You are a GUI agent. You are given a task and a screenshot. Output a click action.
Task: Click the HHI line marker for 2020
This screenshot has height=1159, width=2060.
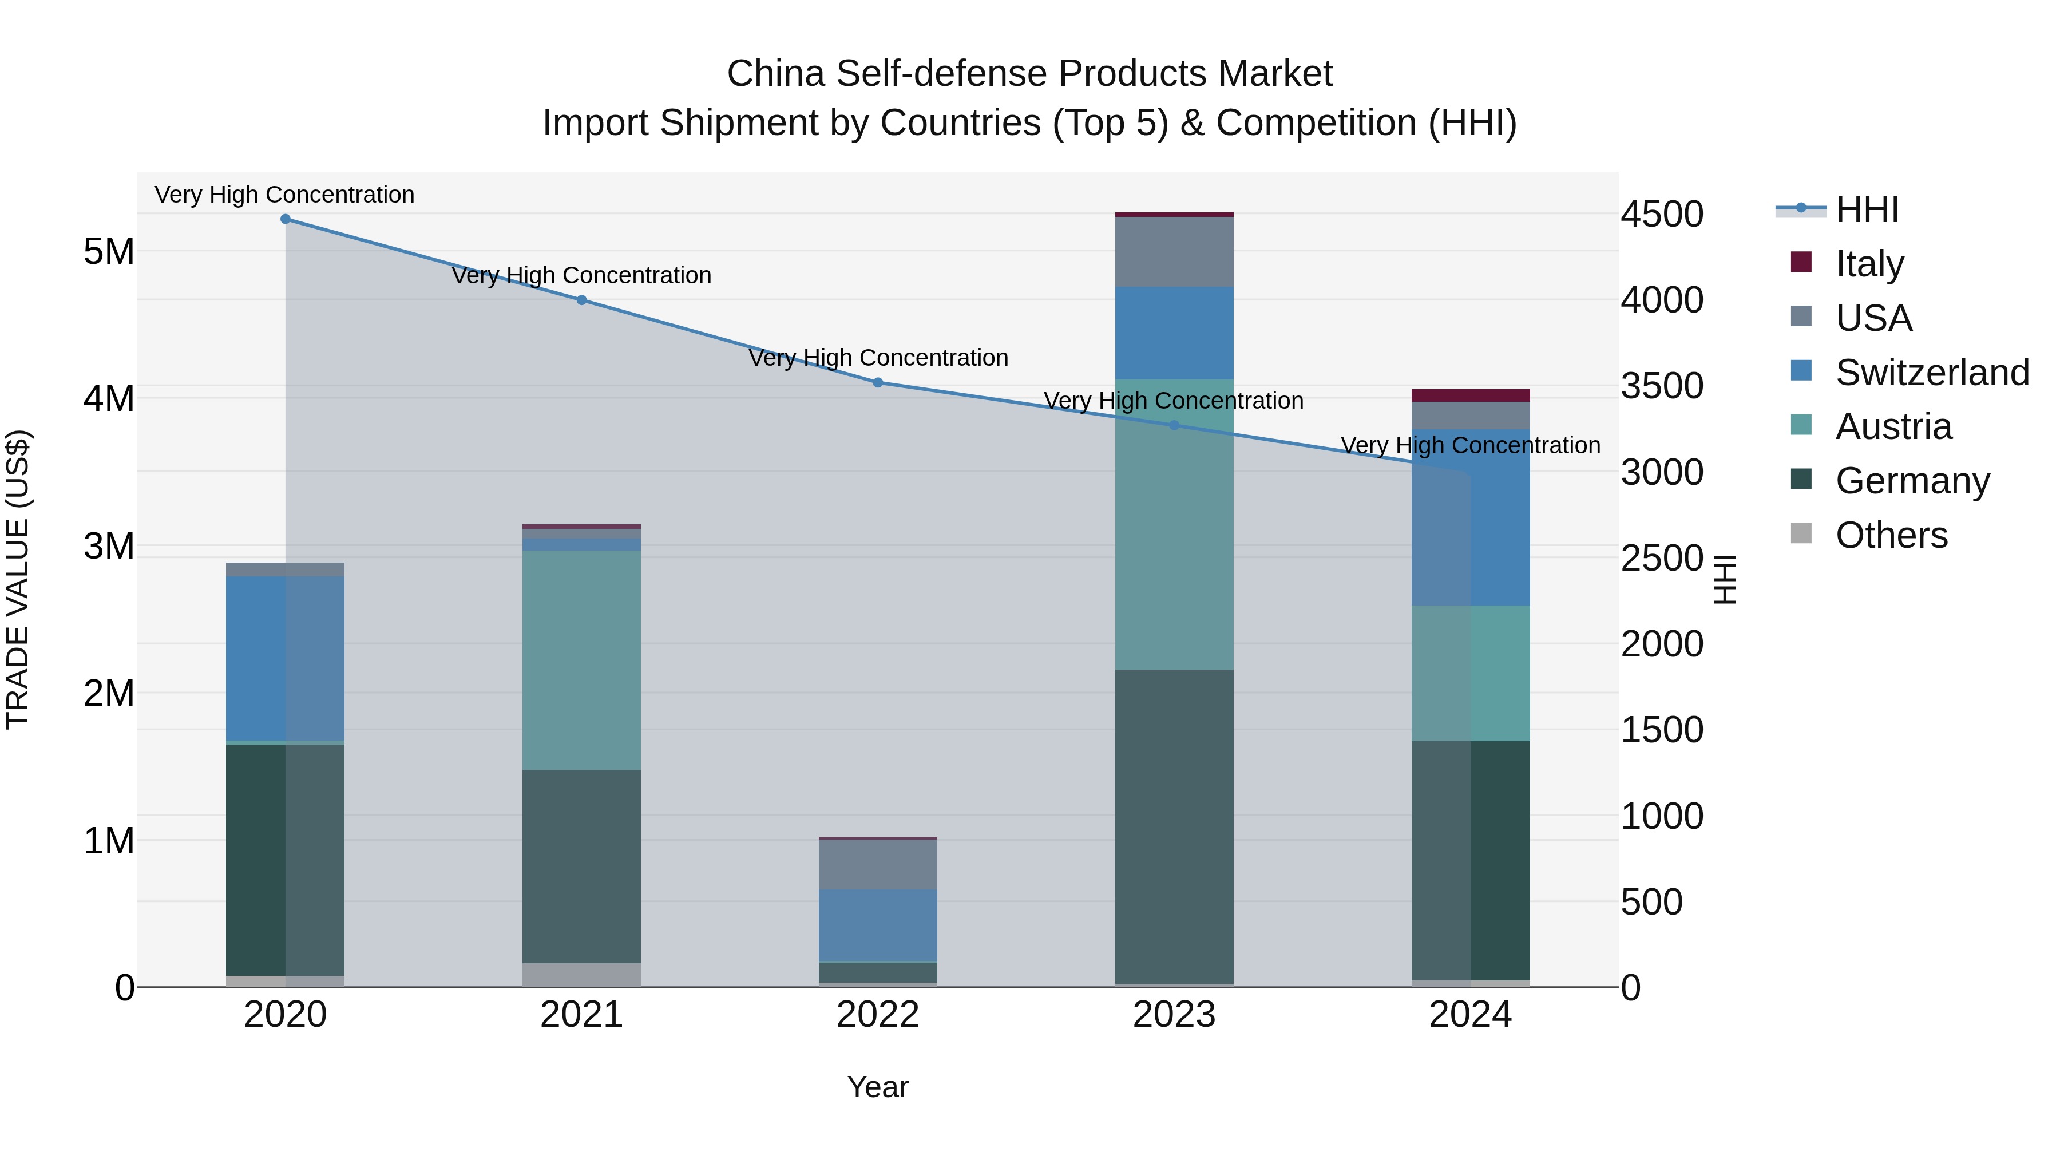point(286,219)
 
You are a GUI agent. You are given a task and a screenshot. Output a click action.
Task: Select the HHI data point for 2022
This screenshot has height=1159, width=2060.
point(877,383)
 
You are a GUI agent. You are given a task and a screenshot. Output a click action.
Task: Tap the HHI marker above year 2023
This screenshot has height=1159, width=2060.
point(1174,425)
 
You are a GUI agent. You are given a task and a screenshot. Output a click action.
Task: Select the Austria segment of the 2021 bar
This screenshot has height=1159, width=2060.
point(581,660)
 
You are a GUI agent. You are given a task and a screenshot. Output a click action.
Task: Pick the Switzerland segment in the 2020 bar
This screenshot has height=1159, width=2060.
point(285,658)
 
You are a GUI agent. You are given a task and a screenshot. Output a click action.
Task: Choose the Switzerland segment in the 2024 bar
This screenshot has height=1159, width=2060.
point(1470,517)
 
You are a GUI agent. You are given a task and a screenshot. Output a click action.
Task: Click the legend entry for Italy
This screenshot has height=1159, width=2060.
point(1869,264)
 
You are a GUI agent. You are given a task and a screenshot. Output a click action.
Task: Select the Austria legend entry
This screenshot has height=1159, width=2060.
point(1893,426)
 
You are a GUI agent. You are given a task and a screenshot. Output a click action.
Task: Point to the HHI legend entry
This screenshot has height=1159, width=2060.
point(1867,209)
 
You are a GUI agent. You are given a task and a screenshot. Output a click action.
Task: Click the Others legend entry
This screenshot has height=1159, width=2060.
point(1891,535)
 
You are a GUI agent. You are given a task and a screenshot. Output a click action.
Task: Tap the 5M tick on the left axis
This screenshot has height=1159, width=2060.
point(109,252)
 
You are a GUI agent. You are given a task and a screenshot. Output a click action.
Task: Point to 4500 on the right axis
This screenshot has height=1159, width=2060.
point(1662,215)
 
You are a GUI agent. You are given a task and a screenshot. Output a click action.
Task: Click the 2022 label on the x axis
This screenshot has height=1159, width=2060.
point(877,1015)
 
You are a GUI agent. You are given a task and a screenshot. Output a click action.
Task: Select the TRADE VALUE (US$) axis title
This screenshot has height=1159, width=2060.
point(18,579)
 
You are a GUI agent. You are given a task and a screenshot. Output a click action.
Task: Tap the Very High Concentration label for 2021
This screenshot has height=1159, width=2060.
point(581,276)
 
